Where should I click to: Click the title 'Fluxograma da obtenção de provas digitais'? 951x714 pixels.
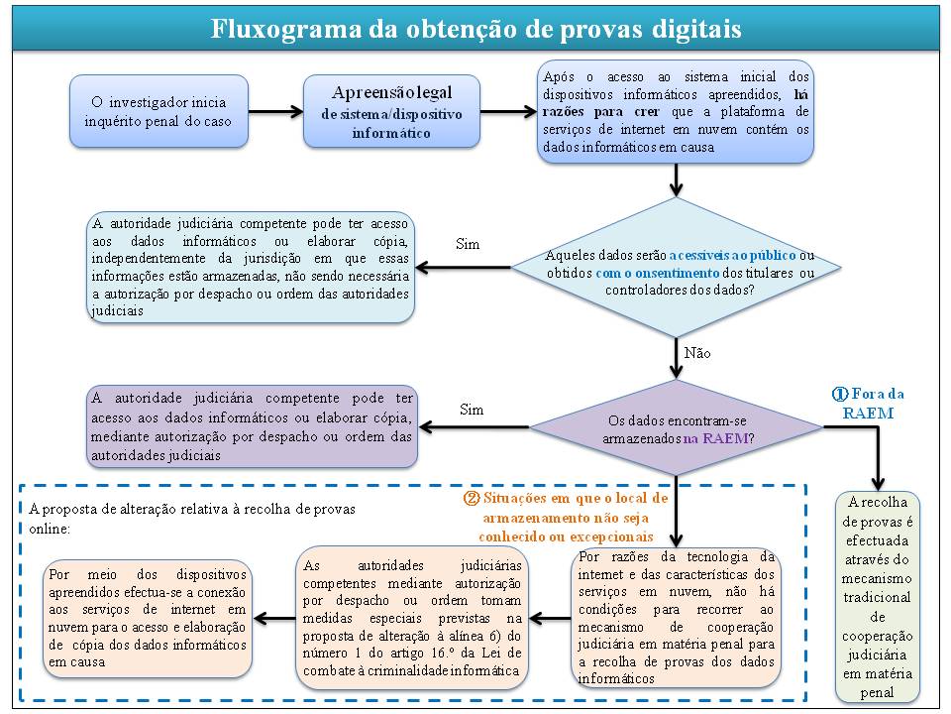pyautogui.click(x=475, y=29)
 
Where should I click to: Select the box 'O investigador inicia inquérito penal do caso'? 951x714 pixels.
pyautogui.click(x=158, y=111)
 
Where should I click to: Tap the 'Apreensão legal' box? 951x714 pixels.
pyautogui.click(x=392, y=111)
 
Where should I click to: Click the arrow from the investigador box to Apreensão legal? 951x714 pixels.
pyautogui.click(x=276, y=111)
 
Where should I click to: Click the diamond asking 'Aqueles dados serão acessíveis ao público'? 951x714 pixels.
pyautogui.click(x=677, y=267)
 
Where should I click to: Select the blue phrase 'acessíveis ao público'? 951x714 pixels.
pyautogui.click(x=732, y=255)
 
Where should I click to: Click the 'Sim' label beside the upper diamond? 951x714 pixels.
pyautogui.click(x=468, y=244)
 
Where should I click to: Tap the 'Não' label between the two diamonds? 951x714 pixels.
pyautogui.click(x=697, y=353)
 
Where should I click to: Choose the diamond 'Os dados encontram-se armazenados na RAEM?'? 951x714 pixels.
pyautogui.click(x=677, y=427)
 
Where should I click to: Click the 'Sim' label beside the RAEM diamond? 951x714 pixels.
pyautogui.click(x=472, y=410)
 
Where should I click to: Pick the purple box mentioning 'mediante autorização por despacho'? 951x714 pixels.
pyautogui.click(x=253, y=426)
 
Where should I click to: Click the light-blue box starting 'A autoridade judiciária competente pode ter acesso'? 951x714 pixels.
pyautogui.click(x=251, y=267)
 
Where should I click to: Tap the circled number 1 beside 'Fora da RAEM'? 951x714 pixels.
pyautogui.click(x=840, y=394)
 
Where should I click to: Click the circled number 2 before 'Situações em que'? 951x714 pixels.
pyautogui.click(x=472, y=499)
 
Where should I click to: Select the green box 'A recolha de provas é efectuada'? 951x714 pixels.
pyautogui.click(x=877, y=597)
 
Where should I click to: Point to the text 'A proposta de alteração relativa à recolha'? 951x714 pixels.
pyautogui.click(x=191, y=509)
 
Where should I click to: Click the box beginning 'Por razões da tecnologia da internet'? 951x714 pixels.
pyautogui.click(x=676, y=617)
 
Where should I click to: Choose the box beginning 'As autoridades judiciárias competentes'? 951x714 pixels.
pyautogui.click(x=412, y=618)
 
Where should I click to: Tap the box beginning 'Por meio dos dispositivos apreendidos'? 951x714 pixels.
pyautogui.click(x=148, y=618)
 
